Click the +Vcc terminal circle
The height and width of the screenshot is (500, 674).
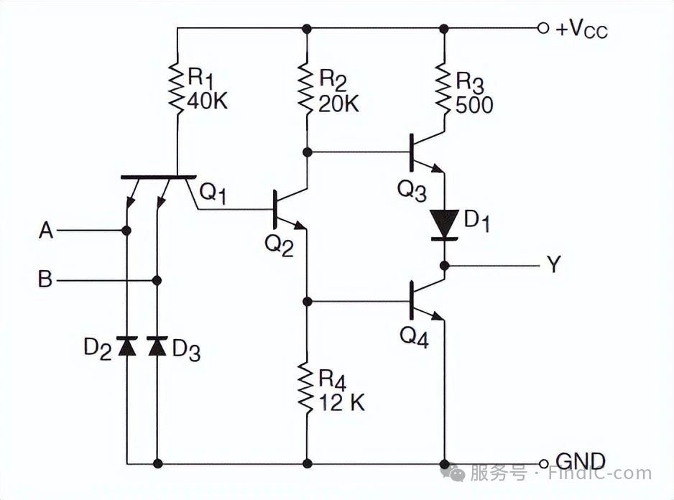point(543,28)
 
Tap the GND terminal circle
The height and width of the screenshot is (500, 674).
point(543,464)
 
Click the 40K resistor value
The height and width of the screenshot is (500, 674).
point(208,101)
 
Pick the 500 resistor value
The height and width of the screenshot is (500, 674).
point(474,104)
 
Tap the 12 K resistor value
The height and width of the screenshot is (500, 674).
point(342,403)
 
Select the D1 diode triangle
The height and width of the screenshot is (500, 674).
point(445,222)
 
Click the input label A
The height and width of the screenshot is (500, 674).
point(46,231)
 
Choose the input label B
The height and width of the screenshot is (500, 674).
point(45,279)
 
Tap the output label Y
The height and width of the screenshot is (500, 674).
point(553,264)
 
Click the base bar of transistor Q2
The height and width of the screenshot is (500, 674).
point(274,209)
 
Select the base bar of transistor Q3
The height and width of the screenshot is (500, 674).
point(411,152)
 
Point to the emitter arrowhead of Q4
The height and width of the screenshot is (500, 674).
point(438,316)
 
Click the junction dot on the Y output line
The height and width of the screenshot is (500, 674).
point(445,266)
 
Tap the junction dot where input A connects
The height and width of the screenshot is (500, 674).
point(126,231)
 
